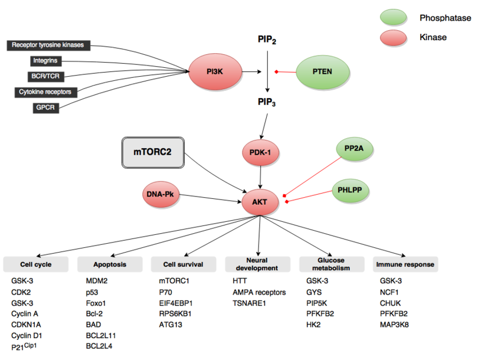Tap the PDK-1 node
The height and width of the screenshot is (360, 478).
point(260,153)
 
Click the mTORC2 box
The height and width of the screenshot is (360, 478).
point(152,152)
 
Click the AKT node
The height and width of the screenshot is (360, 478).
point(260,202)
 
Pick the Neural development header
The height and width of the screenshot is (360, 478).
point(258,264)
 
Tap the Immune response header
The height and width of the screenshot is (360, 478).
point(405,264)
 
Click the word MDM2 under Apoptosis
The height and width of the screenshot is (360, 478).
point(97,281)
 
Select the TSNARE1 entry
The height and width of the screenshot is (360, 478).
point(251,302)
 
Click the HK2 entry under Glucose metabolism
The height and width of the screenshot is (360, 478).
point(313,323)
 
